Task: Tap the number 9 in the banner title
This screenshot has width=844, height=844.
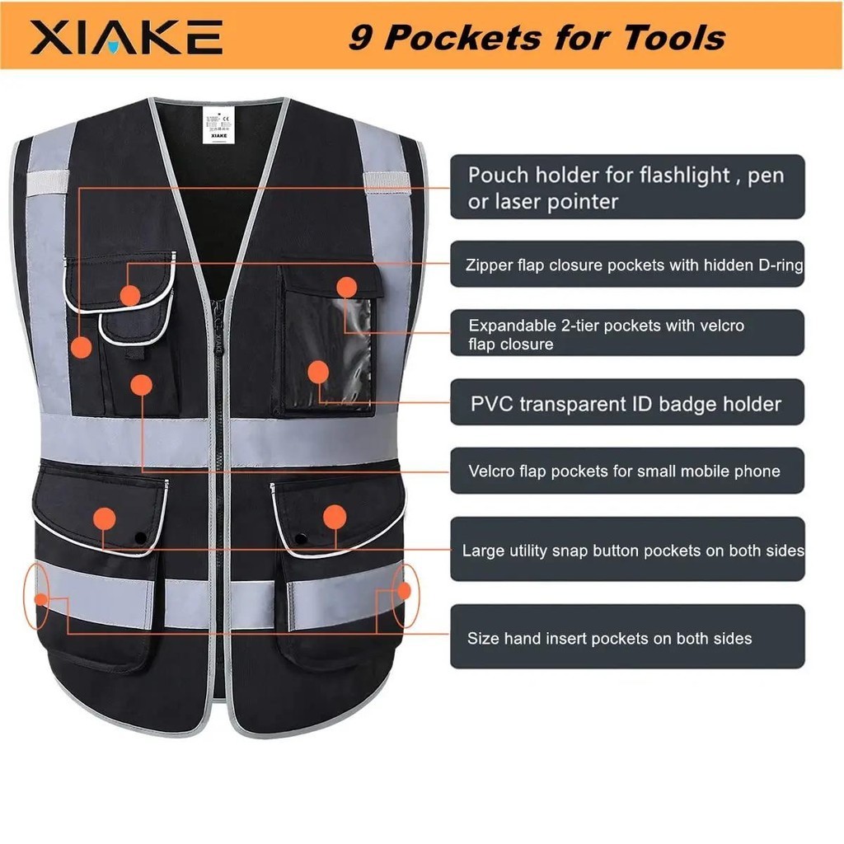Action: click(x=360, y=37)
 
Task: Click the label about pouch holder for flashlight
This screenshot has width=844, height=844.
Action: click(x=626, y=187)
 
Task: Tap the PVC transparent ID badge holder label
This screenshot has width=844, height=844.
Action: click(x=626, y=404)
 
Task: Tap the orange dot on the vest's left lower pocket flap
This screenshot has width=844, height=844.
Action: click(x=104, y=518)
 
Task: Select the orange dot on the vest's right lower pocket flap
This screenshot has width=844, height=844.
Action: click(x=334, y=518)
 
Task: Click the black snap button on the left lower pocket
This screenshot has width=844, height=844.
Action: click(x=140, y=537)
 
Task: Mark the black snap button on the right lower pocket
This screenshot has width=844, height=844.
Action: click(x=300, y=538)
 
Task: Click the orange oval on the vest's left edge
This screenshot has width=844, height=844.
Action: click(x=37, y=595)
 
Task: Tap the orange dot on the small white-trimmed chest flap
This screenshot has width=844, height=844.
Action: click(x=129, y=295)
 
